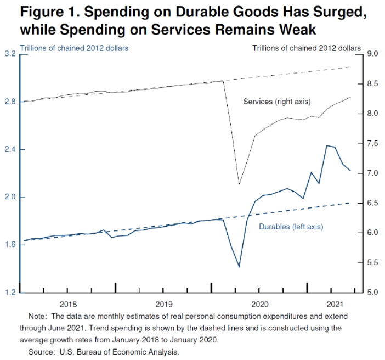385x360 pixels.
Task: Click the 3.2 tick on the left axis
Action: click(10, 54)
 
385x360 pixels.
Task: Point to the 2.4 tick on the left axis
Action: click(10, 150)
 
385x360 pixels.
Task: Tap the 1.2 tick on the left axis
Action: click(10, 292)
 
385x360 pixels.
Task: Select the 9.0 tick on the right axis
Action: click(372, 54)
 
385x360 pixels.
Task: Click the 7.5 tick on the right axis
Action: click(372, 143)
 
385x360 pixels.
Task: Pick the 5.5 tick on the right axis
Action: click(372, 263)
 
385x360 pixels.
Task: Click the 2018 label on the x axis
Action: click(67, 303)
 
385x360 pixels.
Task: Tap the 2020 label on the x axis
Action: click(259, 303)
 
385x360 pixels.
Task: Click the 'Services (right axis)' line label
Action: click(276, 102)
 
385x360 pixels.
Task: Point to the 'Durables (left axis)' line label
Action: click(290, 227)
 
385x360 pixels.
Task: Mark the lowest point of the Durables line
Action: click(239, 267)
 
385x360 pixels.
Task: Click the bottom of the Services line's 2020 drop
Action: click(239, 184)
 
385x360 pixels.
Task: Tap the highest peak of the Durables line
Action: click(327, 145)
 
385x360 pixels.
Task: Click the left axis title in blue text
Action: click(74, 48)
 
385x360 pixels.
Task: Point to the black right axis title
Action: click(306, 48)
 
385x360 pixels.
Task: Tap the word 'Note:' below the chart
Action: click(37, 317)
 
